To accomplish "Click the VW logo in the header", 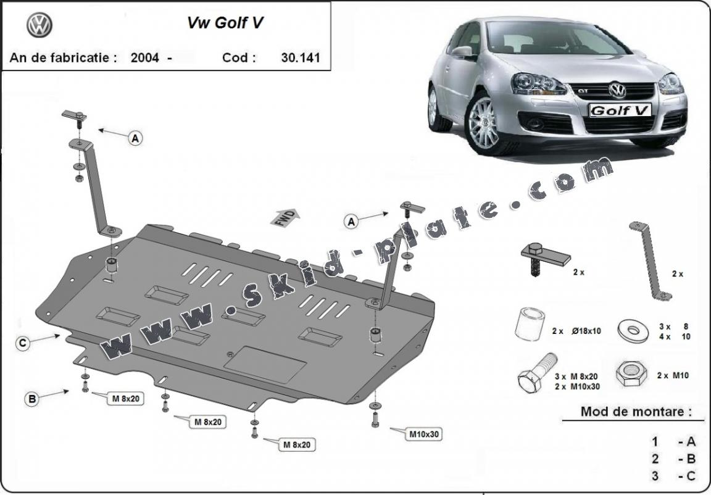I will click(x=39, y=25).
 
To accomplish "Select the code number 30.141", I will click(x=296, y=58).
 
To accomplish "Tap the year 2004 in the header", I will click(x=144, y=58).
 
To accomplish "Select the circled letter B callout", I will click(x=31, y=399).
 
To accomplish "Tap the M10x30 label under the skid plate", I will click(x=424, y=434).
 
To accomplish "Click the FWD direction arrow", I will click(x=285, y=218).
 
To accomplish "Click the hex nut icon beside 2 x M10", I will click(x=630, y=373).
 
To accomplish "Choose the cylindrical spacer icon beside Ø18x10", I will click(x=529, y=324).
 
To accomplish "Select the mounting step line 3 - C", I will click(x=673, y=475).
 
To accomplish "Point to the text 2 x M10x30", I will click(x=577, y=386).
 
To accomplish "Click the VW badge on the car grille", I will click(x=617, y=91).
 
